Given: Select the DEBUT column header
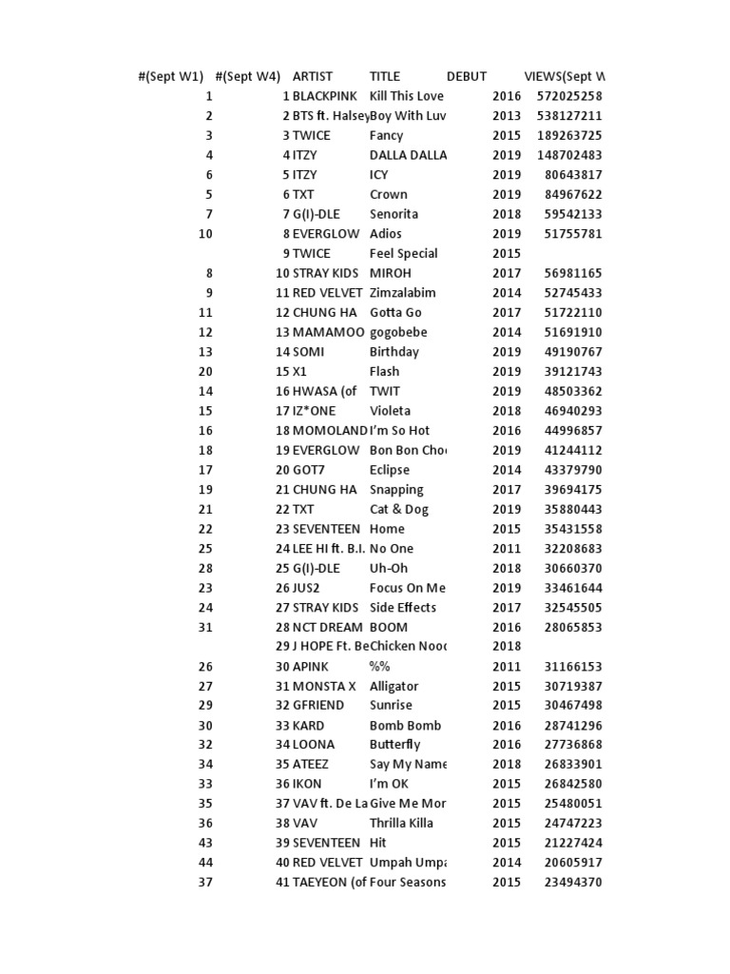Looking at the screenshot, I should (466, 76).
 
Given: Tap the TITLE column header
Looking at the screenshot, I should (385, 76).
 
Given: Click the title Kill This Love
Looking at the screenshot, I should (406, 96).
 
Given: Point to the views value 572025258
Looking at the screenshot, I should (569, 96).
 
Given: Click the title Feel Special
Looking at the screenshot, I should (403, 253).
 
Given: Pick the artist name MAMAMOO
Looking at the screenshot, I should (328, 332).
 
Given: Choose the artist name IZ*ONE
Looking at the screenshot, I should (316, 411).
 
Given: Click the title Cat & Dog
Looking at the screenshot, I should (399, 509).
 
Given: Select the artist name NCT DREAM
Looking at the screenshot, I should (327, 627).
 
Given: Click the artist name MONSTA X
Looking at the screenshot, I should (324, 686).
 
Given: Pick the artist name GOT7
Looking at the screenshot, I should (309, 470).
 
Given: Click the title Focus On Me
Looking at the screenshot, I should (407, 588).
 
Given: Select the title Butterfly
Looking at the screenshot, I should (394, 745).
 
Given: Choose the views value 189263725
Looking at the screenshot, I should (569, 135).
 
